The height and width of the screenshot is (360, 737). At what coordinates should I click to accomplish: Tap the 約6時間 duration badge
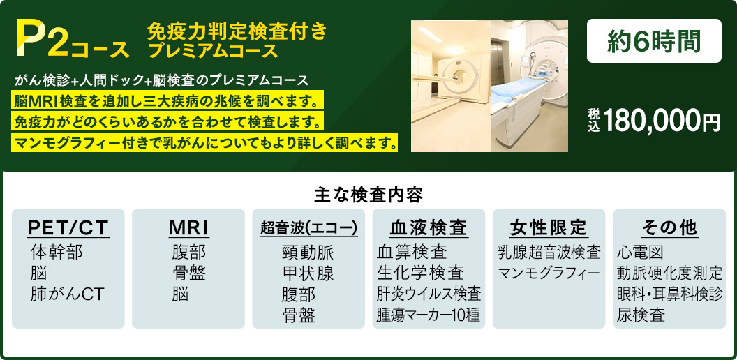[x=654, y=41]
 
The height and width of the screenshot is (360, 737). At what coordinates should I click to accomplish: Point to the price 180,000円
[x=662, y=121]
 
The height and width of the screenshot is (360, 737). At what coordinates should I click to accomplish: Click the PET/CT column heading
[x=68, y=227]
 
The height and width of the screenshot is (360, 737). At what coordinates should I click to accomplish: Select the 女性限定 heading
[x=549, y=227]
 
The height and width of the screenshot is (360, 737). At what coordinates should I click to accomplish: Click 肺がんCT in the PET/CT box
[x=67, y=294]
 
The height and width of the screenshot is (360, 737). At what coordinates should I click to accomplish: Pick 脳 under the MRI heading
[x=180, y=294]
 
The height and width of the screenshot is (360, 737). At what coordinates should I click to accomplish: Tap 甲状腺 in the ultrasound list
[x=308, y=273]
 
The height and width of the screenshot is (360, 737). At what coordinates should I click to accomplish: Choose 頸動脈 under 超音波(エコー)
[x=308, y=253]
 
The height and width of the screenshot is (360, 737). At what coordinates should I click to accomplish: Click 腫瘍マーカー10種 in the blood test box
[x=428, y=315]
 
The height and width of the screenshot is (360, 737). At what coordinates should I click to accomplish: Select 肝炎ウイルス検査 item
[x=429, y=294]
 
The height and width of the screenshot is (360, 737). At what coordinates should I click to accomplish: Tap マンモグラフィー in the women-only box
[x=549, y=273]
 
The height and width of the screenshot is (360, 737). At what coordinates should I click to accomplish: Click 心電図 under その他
[x=640, y=253]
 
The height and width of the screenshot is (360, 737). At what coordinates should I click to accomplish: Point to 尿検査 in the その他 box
[x=641, y=315]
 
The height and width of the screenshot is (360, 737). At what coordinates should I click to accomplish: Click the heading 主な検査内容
[x=368, y=195]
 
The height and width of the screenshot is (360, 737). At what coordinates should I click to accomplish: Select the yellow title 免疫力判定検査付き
[x=237, y=31]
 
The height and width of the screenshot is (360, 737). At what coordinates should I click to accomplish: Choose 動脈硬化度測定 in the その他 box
[x=669, y=273]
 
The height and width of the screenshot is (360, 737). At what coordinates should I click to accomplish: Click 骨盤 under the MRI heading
[x=188, y=273]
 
